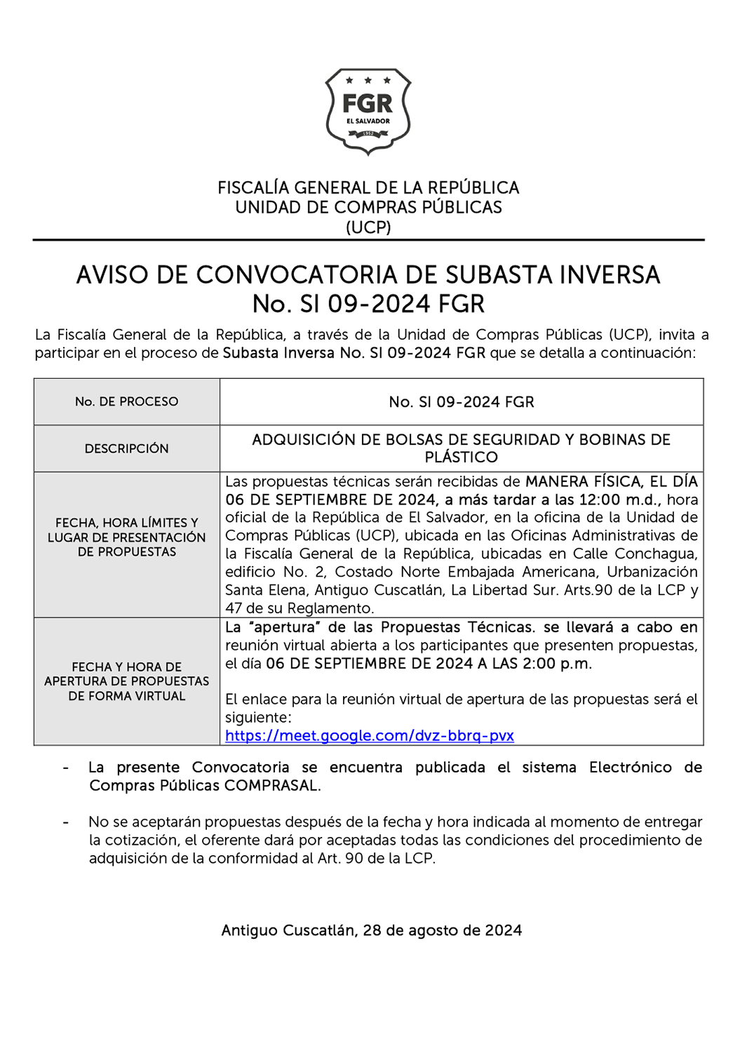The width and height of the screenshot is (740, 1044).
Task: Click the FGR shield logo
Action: click(368, 111)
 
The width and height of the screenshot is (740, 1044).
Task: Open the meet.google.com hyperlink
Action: click(369, 735)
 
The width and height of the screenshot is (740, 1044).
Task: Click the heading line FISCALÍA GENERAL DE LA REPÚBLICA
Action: click(368, 188)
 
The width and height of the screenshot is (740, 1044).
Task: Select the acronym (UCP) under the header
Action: click(368, 227)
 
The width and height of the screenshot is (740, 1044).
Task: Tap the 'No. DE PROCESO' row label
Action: click(127, 402)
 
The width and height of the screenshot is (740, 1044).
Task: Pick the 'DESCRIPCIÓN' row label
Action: click(127, 448)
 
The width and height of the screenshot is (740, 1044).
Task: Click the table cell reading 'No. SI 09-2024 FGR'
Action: click(462, 402)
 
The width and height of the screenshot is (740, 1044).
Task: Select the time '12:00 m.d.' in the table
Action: click(619, 500)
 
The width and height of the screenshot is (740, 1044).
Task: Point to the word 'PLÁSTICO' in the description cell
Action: click(462, 457)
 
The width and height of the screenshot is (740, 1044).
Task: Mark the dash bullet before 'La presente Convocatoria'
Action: click(65, 768)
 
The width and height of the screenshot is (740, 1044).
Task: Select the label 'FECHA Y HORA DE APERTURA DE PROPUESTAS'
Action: click(127, 674)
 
